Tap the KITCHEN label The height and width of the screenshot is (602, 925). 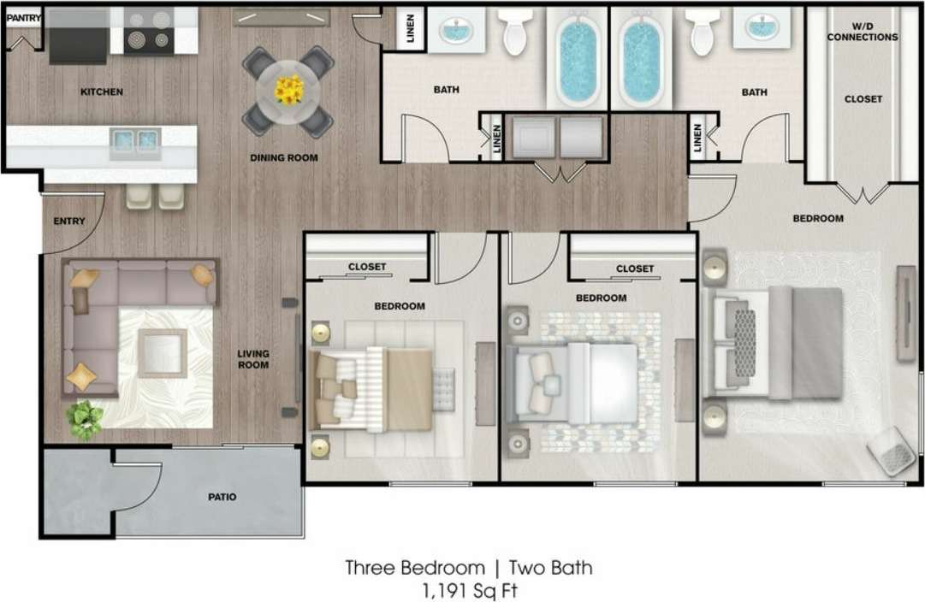coord(102,91)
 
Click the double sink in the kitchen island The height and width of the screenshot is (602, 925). coord(136,141)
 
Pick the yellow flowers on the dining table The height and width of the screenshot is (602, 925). coord(288,90)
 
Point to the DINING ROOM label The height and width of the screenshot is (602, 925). coord(283,157)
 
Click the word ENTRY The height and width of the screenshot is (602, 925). coord(69,221)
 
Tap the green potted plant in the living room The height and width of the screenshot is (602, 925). coord(86,420)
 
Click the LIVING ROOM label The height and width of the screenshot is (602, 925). coord(253,359)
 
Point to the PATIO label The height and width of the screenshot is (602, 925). coord(221,497)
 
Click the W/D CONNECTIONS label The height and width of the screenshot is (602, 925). coord(862,32)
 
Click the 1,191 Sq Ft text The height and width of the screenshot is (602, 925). coord(468,589)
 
